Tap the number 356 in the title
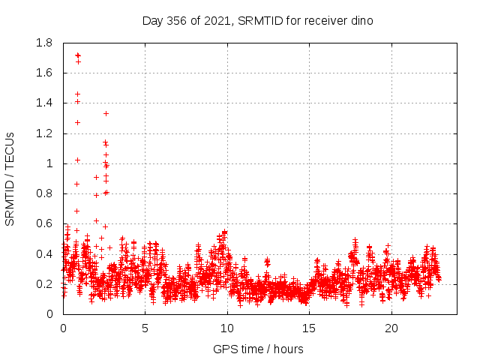pyautogui.click(x=177, y=20)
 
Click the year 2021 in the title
pyautogui.click(x=217, y=20)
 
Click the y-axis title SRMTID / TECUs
pyautogui.click(x=10, y=178)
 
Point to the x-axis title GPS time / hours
pyautogui.click(x=258, y=349)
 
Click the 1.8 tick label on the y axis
pyautogui.click(x=44, y=43)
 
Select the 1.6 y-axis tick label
pyautogui.click(x=44, y=73)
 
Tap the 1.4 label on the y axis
pyautogui.click(x=44, y=103)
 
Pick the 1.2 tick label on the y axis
pyautogui.click(x=44, y=133)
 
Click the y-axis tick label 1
pyautogui.click(x=49, y=163)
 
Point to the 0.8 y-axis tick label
pyautogui.click(x=44, y=193)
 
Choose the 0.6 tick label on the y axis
pyautogui.click(x=44, y=223)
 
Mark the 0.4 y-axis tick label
pyautogui.click(x=44, y=254)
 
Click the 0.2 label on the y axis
pyautogui.click(x=44, y=284)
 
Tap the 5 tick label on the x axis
pyautogui.click(x=145, y=328)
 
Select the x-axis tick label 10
pyautogui.click(x=226, y=328)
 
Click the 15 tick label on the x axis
pyautogui.click(x=308, y=328)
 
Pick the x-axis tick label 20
pyautogui.click(x=390, y=328)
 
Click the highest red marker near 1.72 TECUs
pyautogui.click(x=77, y=55)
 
